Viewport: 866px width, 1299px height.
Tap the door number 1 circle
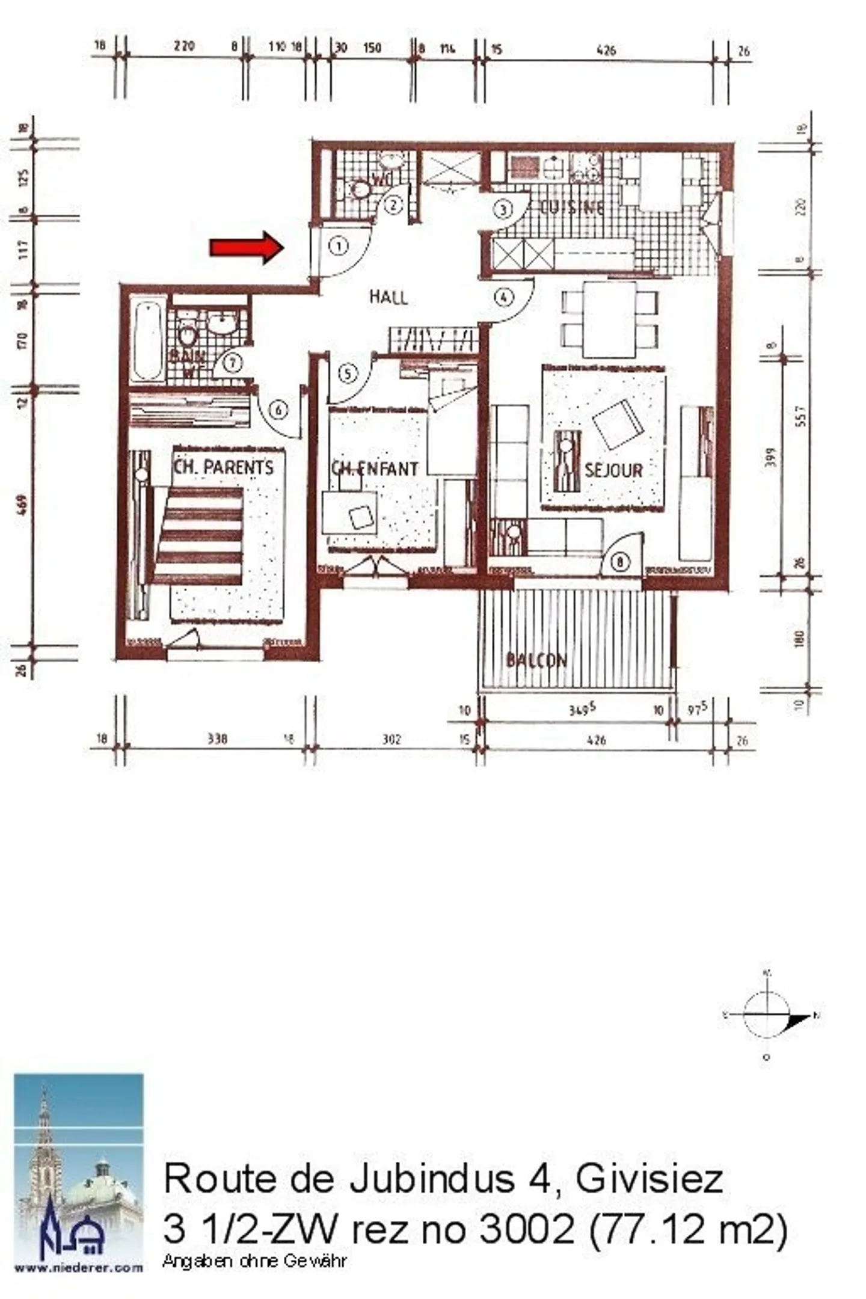[x=339, y=245]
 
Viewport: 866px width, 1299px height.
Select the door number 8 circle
[x=619, y=562]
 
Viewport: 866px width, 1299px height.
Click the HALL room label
[x=388, y=296]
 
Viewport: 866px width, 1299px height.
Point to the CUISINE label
[x=571, y=207]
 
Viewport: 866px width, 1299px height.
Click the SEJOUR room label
[x=613, y=470]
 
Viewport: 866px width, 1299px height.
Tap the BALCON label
[x=536, y=660]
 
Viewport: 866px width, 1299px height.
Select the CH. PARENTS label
[x=223, y=467]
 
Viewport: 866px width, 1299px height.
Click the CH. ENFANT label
[x=375, y=468]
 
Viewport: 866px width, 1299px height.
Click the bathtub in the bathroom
[x=147, y=341]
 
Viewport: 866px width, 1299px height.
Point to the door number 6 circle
[x=278, y=410]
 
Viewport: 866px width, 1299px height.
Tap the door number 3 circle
[x=503, y=209]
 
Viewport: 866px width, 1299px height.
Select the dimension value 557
[x=800, y=415]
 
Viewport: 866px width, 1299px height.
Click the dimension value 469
[x=23, y=505]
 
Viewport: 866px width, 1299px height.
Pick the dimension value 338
[x=217, y=739]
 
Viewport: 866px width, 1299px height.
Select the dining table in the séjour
[x=610, y=319]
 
